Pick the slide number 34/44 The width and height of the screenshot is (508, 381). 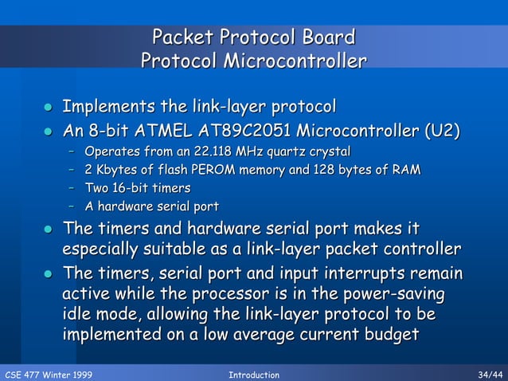487,374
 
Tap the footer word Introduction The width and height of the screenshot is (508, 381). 253,374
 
